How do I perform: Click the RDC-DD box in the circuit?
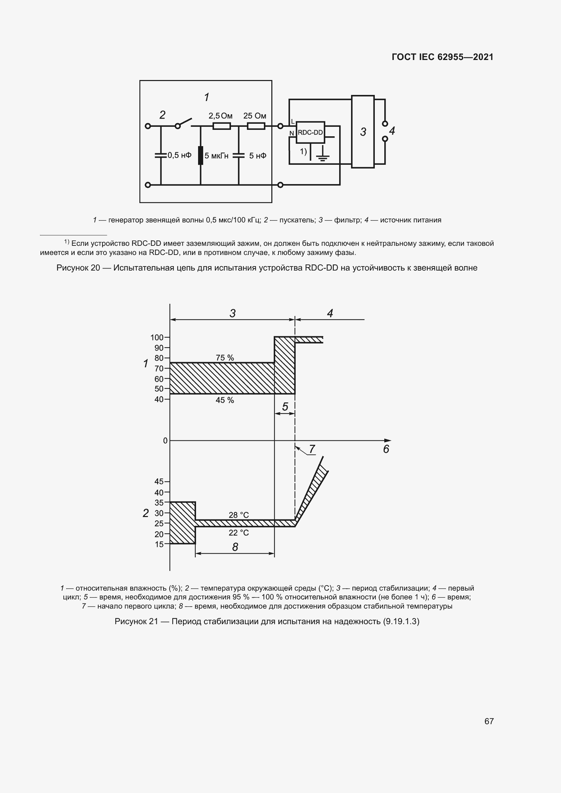(310, 132)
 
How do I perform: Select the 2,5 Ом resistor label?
(220, 116)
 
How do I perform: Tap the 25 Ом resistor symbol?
(256, 126)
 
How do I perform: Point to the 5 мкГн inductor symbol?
(200, 155)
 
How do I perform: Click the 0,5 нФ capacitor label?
(179, 155)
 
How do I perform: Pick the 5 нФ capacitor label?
(258, 156)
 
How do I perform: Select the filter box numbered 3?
(363, 132)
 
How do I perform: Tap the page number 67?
(489, 721)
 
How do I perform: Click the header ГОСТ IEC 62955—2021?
(443, 57)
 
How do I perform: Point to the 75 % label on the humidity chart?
(225, 358)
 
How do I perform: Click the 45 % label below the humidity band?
(225, 400)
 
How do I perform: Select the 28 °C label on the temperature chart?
(239, 515)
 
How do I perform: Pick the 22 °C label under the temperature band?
(239, 533)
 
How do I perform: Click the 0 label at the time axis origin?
(165, 441)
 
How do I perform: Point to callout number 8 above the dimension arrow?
(235, 547)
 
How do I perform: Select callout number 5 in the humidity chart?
(285, 407)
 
